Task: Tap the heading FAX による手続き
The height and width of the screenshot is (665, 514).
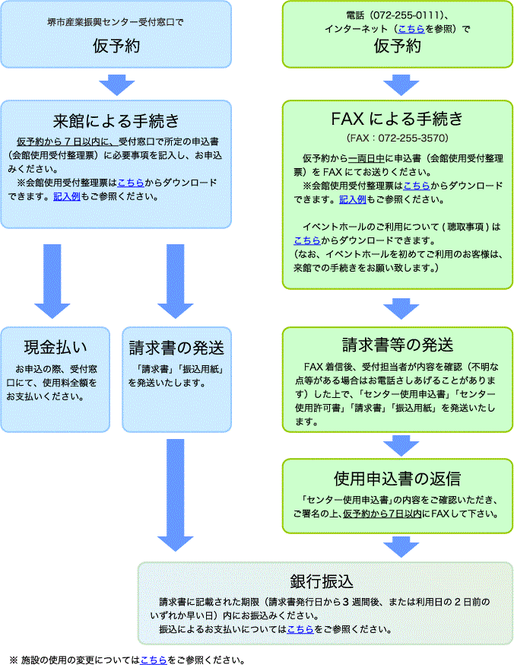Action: tap(397, 119)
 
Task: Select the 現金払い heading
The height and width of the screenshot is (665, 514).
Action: tap(54, 348)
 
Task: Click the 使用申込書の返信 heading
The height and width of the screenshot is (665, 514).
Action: tap(397, 479)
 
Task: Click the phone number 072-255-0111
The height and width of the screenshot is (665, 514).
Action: tap(415, 15)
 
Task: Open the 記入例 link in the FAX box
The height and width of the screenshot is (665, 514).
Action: tap(353, 199)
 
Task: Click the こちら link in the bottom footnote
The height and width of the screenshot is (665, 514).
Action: tap(153, 660)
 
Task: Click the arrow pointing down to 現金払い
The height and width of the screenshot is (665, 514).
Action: tap(52, 280)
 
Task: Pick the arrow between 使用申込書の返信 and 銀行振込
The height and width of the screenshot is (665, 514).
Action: tap(397, 546)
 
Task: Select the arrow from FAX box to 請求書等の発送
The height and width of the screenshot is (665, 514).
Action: tap(397, 307)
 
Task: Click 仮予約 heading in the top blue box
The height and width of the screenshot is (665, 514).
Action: tap(116, 46)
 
